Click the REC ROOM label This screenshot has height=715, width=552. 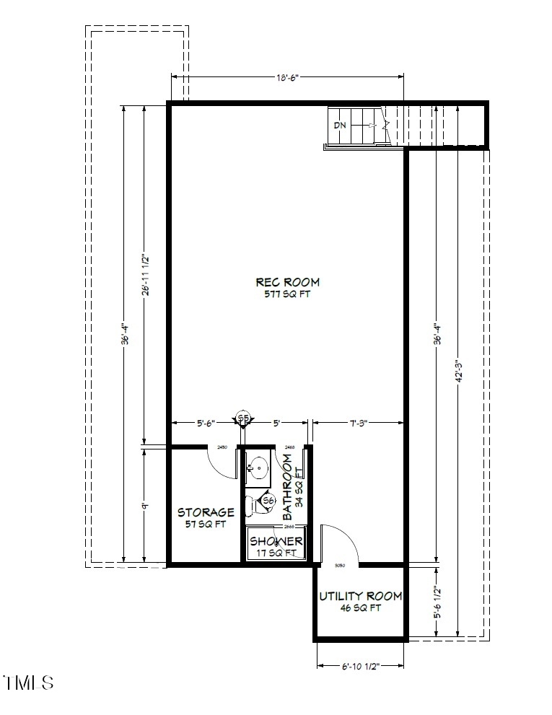point(286,282)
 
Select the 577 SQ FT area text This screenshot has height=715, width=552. point(286,294)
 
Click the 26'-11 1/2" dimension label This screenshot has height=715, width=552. point(146,275)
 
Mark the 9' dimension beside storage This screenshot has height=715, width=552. point(145,506)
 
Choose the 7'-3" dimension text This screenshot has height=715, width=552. point(356,424)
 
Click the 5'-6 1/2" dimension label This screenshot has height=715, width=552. point(437,601)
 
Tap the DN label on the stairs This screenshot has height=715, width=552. point(340,125)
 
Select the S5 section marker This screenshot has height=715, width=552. point(243,418)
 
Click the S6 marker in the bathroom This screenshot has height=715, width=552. point(268,501)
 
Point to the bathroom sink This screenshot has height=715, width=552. point(255,469)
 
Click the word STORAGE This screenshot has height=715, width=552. point(206,512)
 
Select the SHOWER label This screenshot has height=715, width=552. point(276,541)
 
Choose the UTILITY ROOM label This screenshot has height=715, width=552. point(360,597)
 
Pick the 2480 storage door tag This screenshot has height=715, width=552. point(222,448)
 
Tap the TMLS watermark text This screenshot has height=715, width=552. point(29,682)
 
